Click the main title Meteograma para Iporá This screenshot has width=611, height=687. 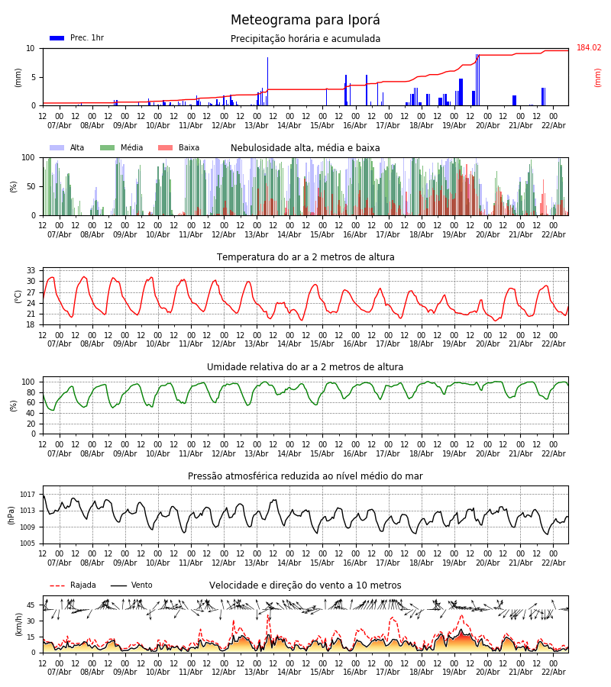(x=305, y=21)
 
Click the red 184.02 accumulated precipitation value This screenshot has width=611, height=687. (x=589, y=48)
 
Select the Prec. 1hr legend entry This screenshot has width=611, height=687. (x=77, y=38)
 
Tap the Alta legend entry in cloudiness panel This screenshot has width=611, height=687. (x=68, y=148)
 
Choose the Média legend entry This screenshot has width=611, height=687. (x=122, y=148)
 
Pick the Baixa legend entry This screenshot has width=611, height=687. (x=179, y=148)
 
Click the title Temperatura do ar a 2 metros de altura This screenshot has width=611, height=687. (x=305, y=257)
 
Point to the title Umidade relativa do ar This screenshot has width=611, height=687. (x=305, y=367)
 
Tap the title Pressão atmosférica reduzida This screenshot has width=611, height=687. (x=305, y=476)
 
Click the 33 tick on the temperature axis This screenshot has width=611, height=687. (x=31, y=271)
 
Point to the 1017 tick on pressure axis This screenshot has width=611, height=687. (x=28, y=495)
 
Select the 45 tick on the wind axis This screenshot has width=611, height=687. (x=31, y=605)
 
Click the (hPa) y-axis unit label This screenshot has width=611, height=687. (x=12, y=514)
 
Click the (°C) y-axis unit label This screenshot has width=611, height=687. (x=18, y=296)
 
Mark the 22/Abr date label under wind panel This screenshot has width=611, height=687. (x=554, y=672)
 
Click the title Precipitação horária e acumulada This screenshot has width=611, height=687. (x=305, y=39)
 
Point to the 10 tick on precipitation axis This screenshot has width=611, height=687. (x=31, y=48)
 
